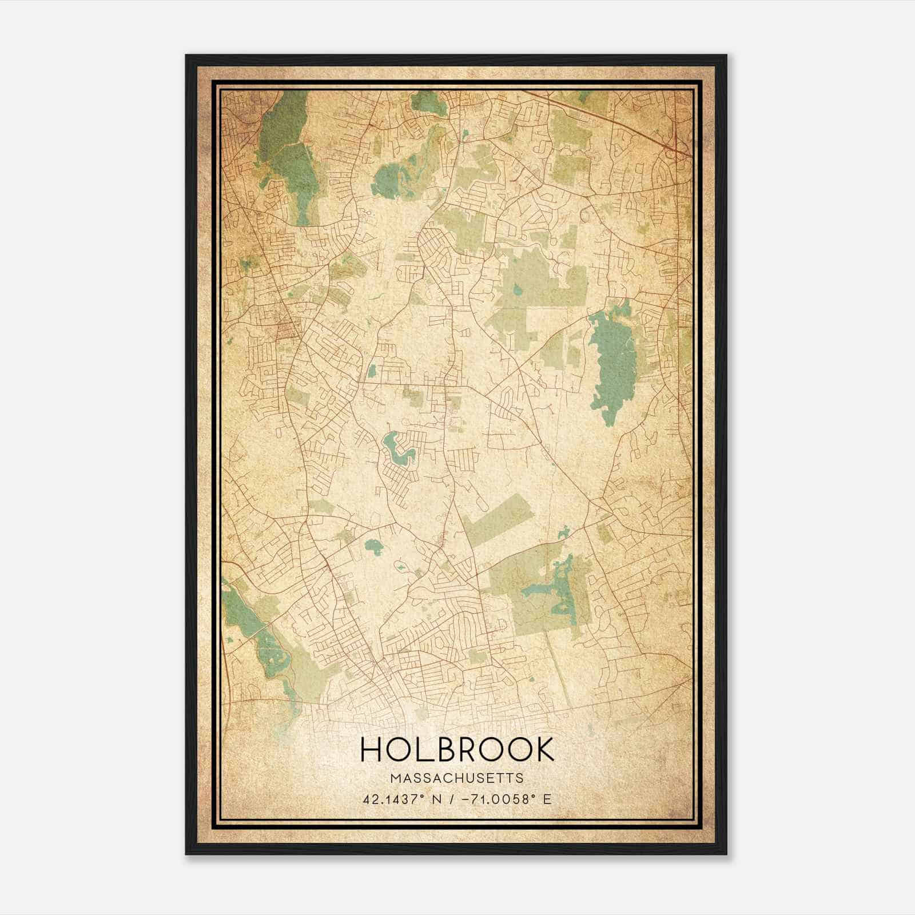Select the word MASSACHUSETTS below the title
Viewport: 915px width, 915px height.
(457, 778)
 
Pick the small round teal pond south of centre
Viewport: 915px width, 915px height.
(374, 548)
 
